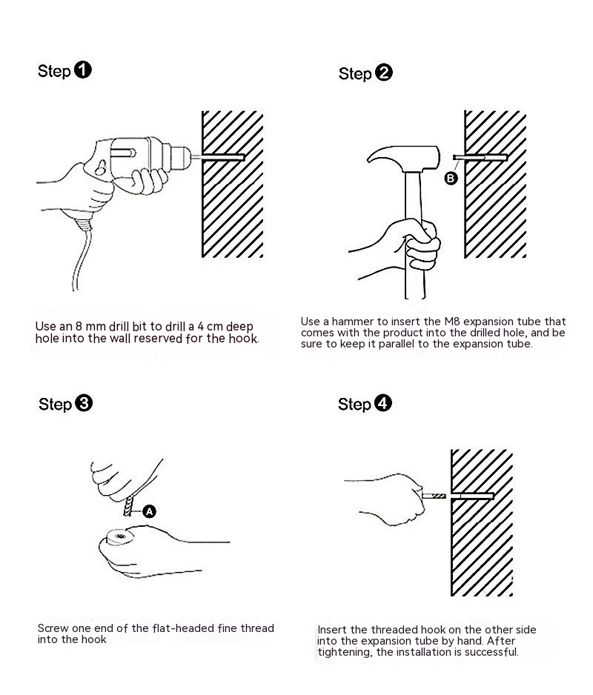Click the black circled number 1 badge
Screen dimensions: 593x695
[x=82, y=70]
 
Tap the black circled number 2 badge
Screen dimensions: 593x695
[x=384, y=73]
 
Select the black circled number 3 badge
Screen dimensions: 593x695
[x=84, y=403]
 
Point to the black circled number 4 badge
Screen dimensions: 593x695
[x=382, y=403]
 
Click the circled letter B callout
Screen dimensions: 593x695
[x=451, y=178]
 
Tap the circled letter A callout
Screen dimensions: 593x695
[x=150, y=511]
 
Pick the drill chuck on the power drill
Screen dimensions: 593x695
[x=176, y=156]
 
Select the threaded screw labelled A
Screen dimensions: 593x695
[x=129, y=506]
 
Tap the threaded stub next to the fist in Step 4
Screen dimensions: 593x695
[x=434, y=496]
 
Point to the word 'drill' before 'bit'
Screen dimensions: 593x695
[x=119, y=327]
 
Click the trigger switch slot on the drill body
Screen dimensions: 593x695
[x=123, y=153]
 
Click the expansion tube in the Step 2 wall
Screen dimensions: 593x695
[x=480, y=157]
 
